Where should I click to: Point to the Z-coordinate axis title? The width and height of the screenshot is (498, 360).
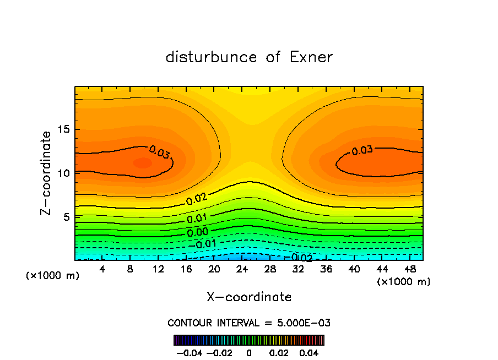47,173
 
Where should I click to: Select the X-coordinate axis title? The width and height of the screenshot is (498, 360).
249,297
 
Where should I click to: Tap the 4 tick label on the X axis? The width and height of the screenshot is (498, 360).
102,269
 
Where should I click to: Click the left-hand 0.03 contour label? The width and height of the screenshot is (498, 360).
160,153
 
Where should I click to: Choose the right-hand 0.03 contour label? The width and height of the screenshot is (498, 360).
362,150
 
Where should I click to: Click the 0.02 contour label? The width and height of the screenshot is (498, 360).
197,199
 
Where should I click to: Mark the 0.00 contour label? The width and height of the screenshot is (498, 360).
197,232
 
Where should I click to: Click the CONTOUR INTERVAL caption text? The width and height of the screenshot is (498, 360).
249,323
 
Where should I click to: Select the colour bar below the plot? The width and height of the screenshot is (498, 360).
249,340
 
